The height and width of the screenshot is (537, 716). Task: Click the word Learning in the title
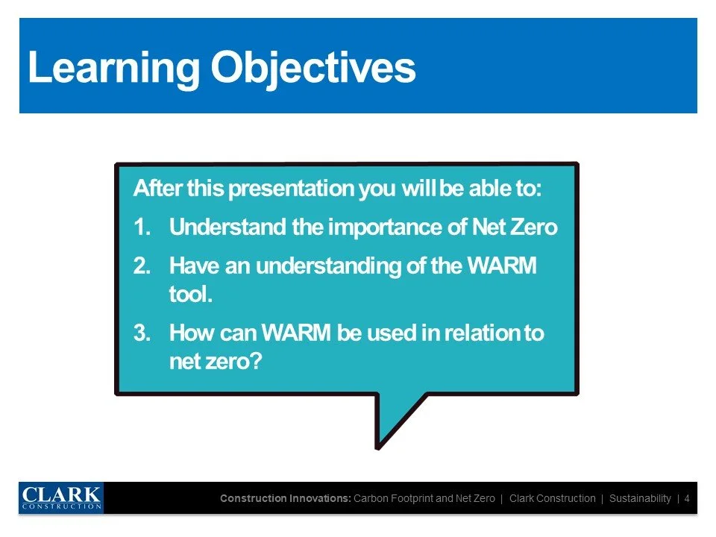(113, 69)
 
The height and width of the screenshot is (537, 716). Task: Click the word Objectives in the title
(313, 69)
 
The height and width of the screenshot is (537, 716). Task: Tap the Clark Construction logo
(61, 497)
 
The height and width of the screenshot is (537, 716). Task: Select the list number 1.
(142, 227)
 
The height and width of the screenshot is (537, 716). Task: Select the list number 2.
(142, 266)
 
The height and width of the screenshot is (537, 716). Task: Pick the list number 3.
(142, 333)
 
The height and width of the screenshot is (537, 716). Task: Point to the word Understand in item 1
(227, 227)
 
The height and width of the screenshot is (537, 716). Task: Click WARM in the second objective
(502, 266)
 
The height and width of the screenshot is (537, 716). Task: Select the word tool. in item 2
(191, 294)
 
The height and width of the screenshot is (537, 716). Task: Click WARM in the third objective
(296, 333)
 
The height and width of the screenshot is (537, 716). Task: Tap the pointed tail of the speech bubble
(378, 448)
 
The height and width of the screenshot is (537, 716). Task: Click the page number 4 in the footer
(687, 498)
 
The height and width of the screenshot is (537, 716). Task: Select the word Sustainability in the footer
(640, 499)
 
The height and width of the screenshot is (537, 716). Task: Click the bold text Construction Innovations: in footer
(286, 498)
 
